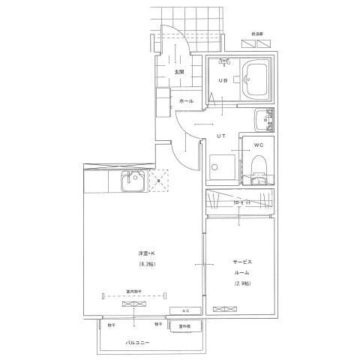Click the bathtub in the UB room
coord(256,79)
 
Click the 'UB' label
coord(223,80)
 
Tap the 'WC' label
coord(257,144)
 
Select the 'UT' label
coord(221,136)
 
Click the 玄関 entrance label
coord(180,72)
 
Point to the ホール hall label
coord(187,100)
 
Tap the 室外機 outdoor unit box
coord(184,325)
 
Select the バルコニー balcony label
coord(137,343)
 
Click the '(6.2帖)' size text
coord(146,265)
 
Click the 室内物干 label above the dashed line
coord(134,289)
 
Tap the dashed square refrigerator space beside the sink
coord(159,181)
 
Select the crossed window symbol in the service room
coord(223,308)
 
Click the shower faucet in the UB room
coord(223,63)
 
